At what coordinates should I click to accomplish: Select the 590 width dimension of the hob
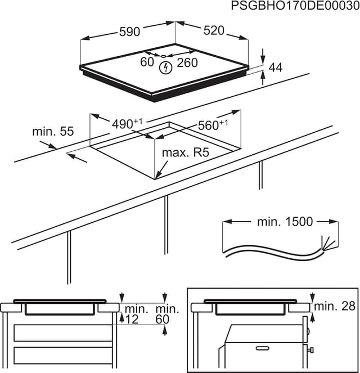pos(129,32)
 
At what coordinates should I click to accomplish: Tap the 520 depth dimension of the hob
pos(214,31)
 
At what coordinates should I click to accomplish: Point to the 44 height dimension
pos(276,68)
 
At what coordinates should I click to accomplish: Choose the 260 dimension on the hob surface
pos(187,62)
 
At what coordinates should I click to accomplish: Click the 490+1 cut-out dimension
pos(127,123)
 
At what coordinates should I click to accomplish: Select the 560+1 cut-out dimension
pos(213,125)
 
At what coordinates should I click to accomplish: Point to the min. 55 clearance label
pos(53,132)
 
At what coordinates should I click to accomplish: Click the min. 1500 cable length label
pos(285,222)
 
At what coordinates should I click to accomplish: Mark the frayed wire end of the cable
pos(328,244)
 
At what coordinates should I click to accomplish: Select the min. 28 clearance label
pos(335,306)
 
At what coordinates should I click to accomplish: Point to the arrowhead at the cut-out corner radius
pos(157,176)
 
